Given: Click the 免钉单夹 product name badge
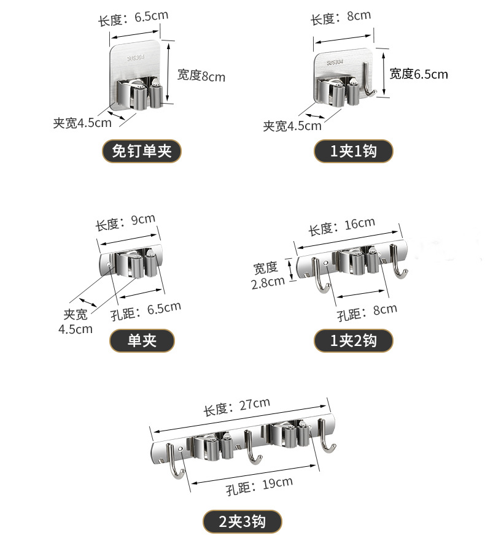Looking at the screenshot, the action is coord(141,151).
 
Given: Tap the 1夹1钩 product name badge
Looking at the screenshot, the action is coord(353,151).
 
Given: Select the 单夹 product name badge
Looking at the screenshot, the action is coord(142,341).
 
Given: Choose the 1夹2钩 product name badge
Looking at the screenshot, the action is coord(353,341).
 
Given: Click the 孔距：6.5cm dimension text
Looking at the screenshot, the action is coord(146,310).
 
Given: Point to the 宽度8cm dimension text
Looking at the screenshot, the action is coord(201,75).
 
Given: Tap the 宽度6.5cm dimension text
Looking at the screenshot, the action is coord(419,74).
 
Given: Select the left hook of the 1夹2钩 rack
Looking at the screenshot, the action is coord(319,275).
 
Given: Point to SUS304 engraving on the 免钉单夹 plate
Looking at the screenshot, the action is coord(134,58).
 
